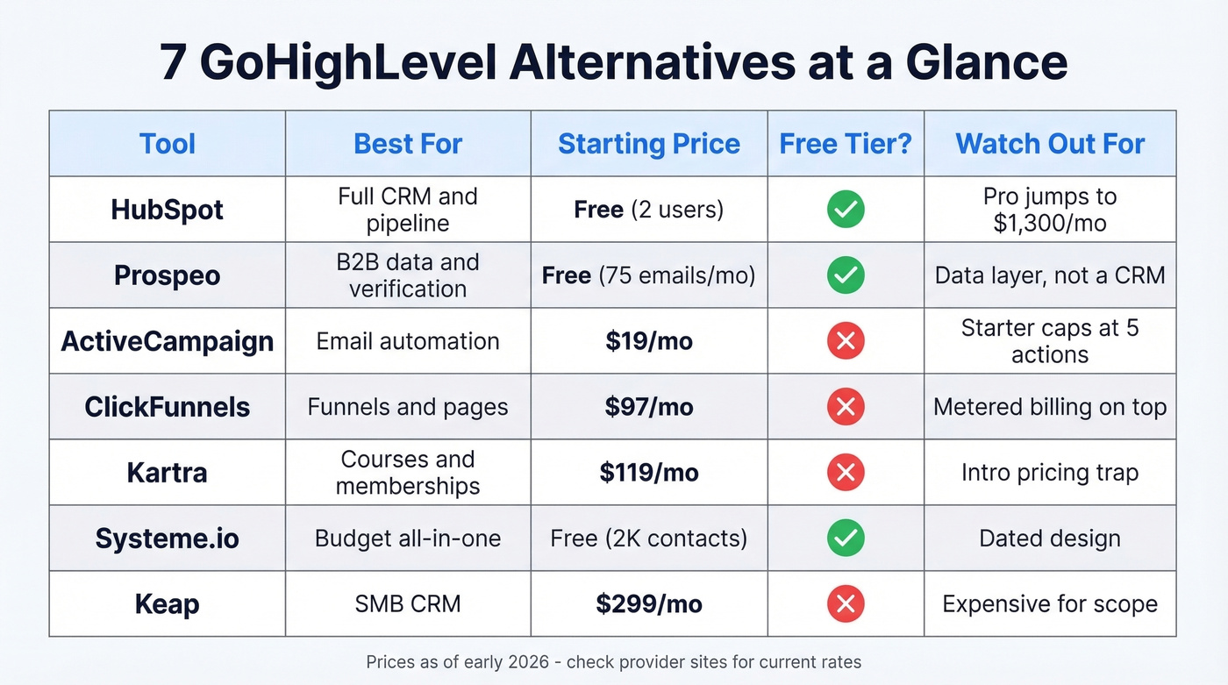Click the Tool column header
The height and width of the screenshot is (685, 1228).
pos(167,144)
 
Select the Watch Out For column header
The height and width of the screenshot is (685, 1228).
pos(1050,144)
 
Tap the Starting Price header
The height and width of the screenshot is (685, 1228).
pos(649,144)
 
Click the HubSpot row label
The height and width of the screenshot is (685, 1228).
pos(167,210)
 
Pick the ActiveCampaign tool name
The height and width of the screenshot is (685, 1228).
pos(167,341)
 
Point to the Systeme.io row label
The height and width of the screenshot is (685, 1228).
pos(167,539)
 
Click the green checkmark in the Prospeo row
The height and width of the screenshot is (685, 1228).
pos(846,275)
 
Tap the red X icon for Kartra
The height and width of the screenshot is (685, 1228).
pos(846,473)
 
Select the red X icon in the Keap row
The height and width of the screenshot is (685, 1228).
pos(846,604)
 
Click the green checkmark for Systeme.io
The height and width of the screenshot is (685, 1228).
pos(846,539)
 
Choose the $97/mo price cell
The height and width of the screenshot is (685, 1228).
pos(649,407)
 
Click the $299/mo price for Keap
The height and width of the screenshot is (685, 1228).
pos(649,604)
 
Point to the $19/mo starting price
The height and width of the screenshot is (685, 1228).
pos(649,341)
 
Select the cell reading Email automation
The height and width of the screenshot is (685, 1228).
pos(408,341)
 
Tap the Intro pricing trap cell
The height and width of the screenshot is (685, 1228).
pos(1050,473)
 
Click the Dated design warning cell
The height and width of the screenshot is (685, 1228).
pos(1050,539)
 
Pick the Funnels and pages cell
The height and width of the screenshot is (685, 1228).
pos(408,407)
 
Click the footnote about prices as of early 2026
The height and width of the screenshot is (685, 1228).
pos(614,662)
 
